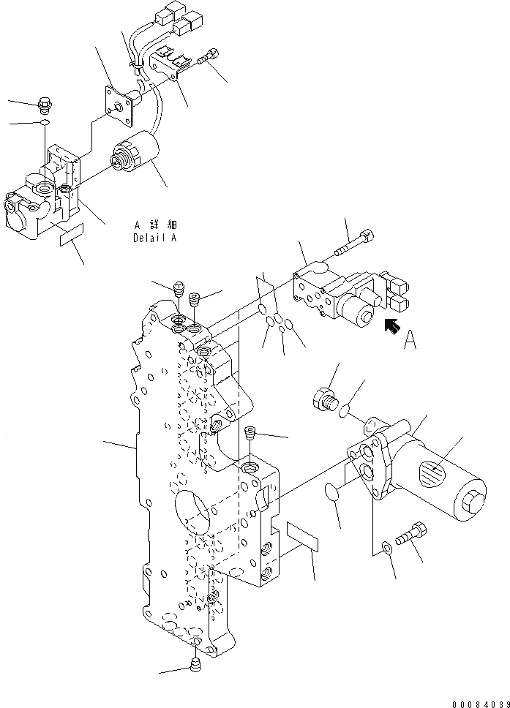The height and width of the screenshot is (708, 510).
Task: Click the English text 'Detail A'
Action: pyautogui.click(x=154, y=238)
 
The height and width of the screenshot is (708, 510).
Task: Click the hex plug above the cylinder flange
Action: pyautogui.click(x=324, y=400)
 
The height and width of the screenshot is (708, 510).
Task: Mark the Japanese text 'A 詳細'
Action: pyautogui.click(x=155, y=225)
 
